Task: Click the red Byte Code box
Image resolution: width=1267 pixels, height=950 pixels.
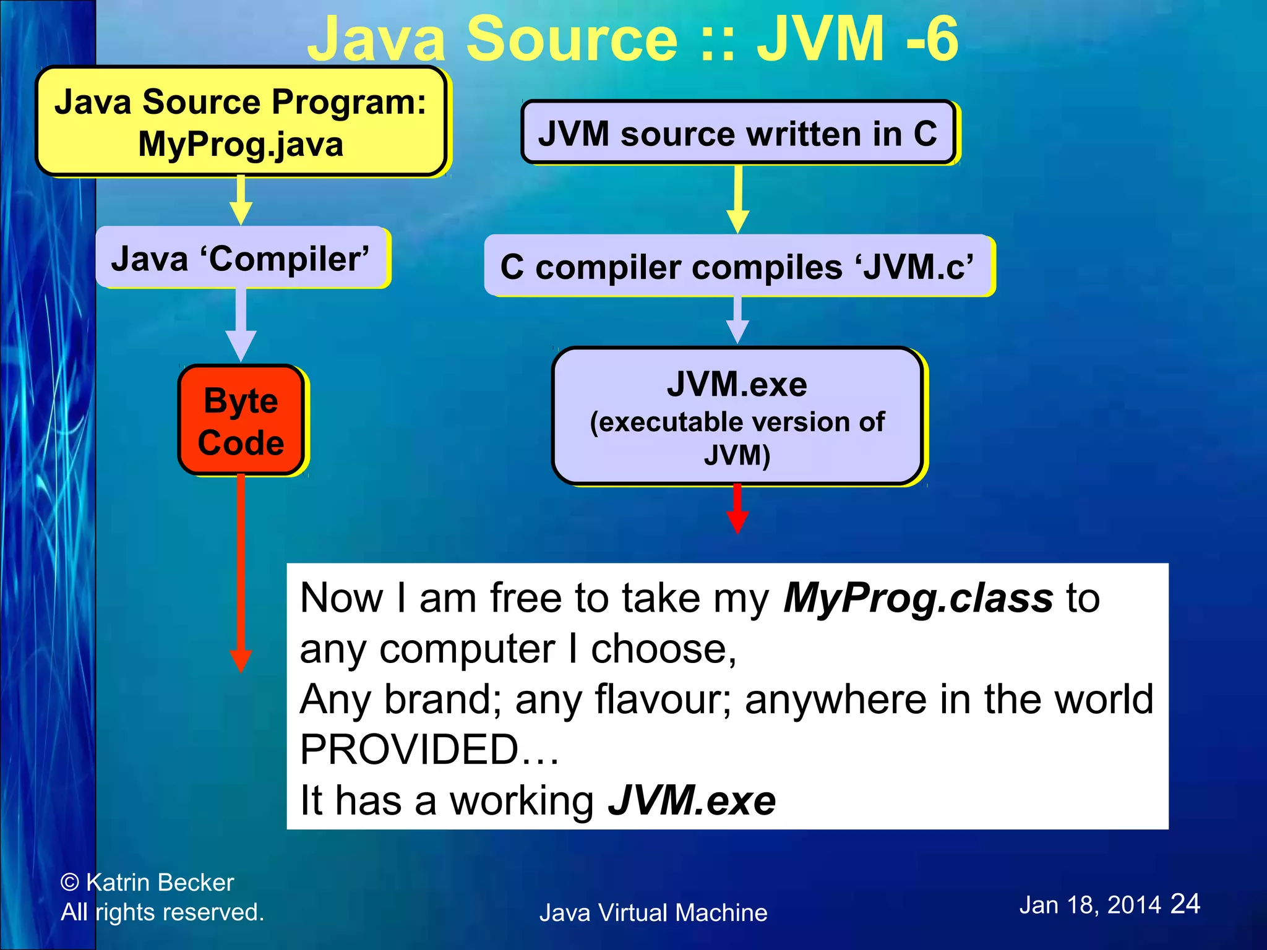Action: [241, 421]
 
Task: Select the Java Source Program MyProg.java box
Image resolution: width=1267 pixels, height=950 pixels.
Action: [241, 122]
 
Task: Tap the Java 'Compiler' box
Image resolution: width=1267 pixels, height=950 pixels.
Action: [241, 258]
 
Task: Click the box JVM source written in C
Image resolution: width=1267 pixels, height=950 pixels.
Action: [737, 133]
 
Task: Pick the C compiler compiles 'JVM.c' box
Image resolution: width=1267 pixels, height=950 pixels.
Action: [737, 267]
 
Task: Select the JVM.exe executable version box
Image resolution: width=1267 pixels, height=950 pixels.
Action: [737, 416]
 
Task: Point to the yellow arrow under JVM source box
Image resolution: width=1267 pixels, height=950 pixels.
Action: [737, 199]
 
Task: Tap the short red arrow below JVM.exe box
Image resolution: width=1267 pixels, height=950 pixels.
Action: [737, 509]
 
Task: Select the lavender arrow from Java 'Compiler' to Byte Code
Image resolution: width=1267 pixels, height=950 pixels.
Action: [241, 325]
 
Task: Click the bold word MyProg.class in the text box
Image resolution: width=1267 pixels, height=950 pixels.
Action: [918, 599]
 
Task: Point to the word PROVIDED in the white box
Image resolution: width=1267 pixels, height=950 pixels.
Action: [409, 750]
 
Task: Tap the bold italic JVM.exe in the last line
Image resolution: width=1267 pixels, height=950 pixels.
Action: [692, 800]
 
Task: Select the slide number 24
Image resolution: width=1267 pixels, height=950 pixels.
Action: [1185, 904]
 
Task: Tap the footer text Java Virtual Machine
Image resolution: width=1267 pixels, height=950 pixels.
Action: [653, 913]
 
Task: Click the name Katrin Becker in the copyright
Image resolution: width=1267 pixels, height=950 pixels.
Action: [160, 883]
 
